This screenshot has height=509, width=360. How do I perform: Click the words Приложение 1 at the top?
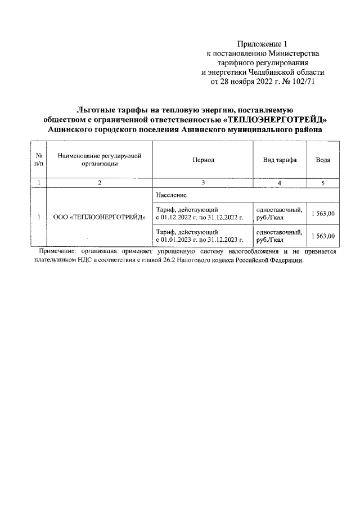[262, 43]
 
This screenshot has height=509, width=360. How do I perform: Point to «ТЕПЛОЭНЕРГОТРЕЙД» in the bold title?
[278, 119]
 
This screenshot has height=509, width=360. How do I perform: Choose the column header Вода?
[323, 160]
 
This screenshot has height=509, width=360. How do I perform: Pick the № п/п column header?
[39, 160]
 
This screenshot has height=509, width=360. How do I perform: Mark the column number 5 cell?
[323, 182]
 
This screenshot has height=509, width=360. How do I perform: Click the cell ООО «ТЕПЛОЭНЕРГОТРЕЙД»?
[99, 217]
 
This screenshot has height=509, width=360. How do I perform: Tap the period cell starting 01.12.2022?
[199, 213]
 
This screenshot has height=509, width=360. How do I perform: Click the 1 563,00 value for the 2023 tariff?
[323, 236]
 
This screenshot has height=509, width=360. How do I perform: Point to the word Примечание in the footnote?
[58, 252]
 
